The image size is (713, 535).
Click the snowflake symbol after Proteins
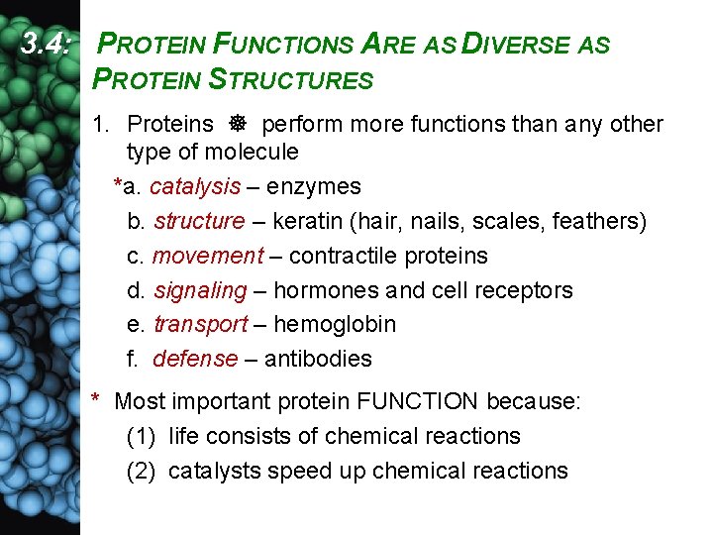pos(238,125)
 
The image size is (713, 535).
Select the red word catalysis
pos(195,186)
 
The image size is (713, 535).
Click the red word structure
pos(199,221)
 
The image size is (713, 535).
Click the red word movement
pos(208,256)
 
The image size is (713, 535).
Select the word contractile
pos(341,256)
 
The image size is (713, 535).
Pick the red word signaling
pos(200,290)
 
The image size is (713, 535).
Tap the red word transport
pos(201,325)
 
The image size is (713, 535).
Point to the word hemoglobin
pos(335,325)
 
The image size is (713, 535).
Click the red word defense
pos(195,359)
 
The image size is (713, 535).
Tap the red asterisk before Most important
pos(95,400)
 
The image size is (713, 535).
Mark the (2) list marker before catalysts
pos(143,471)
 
